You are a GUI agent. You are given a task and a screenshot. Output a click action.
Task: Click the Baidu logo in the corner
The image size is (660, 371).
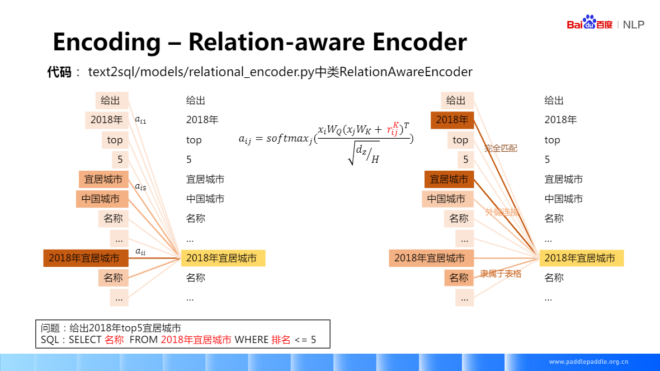(590, 24)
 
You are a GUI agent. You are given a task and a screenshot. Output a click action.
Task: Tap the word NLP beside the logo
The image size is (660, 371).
(634, 25)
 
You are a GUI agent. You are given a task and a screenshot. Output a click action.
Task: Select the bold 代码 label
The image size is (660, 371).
(59, 72)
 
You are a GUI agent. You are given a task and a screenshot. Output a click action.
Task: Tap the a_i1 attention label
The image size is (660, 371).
(141, 119)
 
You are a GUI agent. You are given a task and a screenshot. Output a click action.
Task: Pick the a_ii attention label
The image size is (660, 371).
(141, 252)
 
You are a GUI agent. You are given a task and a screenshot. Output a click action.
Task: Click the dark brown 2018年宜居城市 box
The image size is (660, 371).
(86, 258)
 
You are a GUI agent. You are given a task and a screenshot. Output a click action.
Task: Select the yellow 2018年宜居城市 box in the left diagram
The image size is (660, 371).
(223, 258)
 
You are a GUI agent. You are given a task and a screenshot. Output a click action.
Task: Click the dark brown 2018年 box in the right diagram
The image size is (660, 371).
(452, 120)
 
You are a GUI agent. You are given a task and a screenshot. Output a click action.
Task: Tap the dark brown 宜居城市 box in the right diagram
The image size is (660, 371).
(449, 179)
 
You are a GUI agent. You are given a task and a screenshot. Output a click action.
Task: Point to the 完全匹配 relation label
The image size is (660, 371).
(501, 148)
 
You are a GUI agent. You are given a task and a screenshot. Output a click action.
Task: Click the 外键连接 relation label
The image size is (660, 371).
(502, 212)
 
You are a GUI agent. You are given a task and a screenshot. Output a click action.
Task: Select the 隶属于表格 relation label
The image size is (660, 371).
(501, 274)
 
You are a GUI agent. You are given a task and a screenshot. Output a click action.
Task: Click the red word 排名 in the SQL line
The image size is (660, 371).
(281, 340)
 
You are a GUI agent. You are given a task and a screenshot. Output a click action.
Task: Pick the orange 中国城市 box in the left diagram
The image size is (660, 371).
(101, 199)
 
